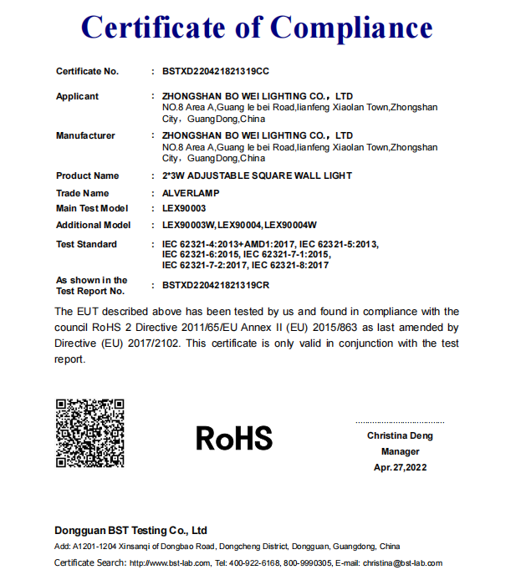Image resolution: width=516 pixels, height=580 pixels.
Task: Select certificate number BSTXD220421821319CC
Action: [216, 72]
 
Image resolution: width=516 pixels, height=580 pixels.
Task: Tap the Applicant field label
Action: [77, 97]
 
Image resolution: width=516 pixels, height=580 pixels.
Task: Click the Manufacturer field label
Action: [85, 135]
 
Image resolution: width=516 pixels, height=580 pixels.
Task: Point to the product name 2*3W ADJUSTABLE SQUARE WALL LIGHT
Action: [257, 176]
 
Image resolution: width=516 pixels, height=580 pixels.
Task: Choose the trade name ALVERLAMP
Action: [191, 194]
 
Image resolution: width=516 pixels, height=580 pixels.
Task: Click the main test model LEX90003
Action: [184, 209]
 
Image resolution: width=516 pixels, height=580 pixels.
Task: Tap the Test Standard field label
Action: [86, 245]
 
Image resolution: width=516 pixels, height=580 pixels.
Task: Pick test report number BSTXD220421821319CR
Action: [216, 286]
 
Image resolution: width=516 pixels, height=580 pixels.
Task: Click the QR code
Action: [90, 433]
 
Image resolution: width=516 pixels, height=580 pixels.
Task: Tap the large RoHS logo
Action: [234, 437]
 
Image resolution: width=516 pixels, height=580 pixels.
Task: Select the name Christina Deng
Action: [400, 436]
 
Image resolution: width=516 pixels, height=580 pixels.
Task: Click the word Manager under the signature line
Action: [400, 452]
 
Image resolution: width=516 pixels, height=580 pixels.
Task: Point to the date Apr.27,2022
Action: [400, 468]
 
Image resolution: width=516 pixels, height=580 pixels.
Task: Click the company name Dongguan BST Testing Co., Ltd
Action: [130, 531]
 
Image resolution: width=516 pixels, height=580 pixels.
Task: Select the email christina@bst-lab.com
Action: [402, 563]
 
